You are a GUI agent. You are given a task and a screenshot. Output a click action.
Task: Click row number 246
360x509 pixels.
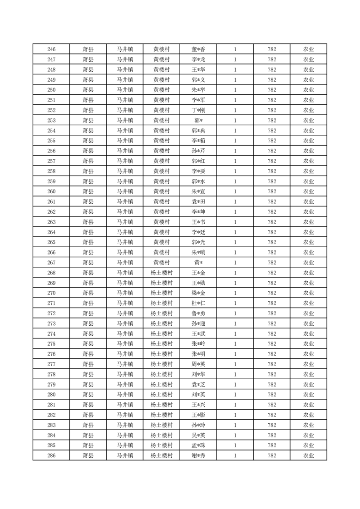[x=51, y=49]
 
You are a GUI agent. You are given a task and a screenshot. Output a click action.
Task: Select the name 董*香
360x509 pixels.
[x=198, y=49]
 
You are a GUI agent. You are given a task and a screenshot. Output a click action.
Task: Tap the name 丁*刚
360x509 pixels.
[x=198, y=110]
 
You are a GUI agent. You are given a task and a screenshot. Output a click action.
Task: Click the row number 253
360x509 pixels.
[x=51, y=121]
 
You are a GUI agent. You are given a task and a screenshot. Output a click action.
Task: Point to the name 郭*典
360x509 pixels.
[x=198, y=131]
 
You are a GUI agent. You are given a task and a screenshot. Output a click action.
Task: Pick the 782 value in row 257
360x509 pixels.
[x=271, y=161]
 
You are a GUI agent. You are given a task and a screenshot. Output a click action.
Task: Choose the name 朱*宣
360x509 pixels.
[x=198, y=191]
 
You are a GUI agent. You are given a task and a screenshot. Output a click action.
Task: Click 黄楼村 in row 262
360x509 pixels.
[x=161, y=212]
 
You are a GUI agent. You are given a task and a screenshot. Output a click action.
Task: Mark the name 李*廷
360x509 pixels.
[x=198, y=232]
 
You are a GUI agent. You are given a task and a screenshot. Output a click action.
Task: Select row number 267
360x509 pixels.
[x=51, y=263]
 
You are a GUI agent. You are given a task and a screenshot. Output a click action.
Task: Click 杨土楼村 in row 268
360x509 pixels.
[x=161, y=273]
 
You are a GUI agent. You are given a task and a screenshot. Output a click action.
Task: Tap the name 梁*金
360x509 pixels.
[x=198, y=293]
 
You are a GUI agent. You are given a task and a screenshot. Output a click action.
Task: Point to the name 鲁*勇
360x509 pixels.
[x=198, y=313]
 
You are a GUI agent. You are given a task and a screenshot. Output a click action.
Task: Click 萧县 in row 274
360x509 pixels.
[x=88, y=334]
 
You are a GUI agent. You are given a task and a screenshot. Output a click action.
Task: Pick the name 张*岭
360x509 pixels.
[x=198, y=344]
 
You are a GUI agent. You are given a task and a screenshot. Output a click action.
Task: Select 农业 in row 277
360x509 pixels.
[x=308, y=364]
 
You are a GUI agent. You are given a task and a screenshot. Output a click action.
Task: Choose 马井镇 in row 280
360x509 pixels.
[x=124, y=395]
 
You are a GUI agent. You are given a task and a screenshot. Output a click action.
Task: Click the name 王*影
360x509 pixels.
[x=198, y=415]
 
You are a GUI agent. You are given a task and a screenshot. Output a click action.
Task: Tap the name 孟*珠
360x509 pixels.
[x=198, y=445]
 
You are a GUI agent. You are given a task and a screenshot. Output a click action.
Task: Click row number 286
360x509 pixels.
[x=51, y=455]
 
